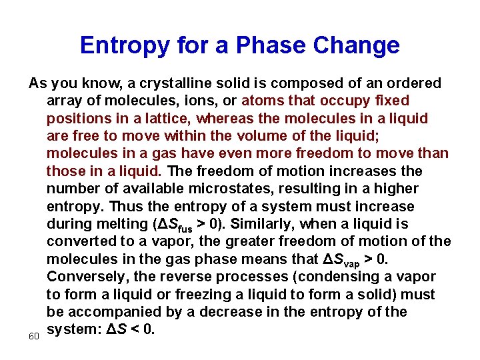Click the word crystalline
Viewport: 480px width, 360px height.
point(181,83)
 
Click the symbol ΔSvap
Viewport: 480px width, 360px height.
point(348,259)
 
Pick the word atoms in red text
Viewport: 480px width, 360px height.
point(262,101)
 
